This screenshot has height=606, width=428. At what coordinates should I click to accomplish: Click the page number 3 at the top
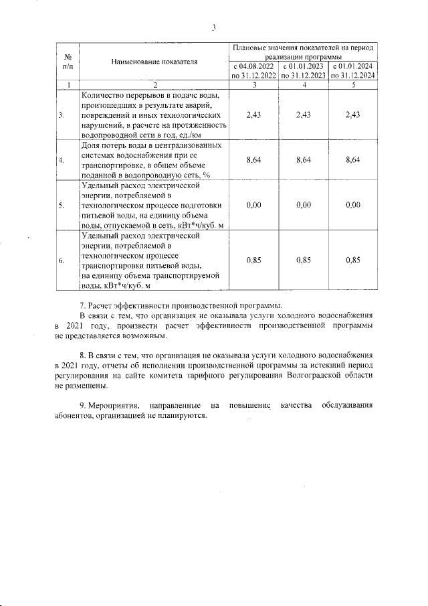(x=213, y=27)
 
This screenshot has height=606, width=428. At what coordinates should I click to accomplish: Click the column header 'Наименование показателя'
(x=155, y=62)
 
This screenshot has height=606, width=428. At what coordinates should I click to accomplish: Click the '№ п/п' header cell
(x=67, y=62)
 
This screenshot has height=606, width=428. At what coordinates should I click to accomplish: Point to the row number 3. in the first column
(x=61, y=115)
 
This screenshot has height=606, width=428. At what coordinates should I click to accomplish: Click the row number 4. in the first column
(x=61, y=160)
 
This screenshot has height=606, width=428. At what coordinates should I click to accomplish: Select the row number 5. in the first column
(x=61, y=205)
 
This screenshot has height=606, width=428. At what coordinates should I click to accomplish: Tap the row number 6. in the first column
(x=61, y=260)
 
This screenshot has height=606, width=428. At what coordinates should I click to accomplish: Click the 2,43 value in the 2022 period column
(x=253, y=115)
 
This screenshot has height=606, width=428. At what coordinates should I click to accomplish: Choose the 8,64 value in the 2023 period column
(x=304, y=160)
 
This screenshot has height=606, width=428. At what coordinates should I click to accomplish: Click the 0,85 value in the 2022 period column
(x=253, y=260)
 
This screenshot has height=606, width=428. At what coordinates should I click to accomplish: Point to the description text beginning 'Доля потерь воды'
(x=154, y=160)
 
